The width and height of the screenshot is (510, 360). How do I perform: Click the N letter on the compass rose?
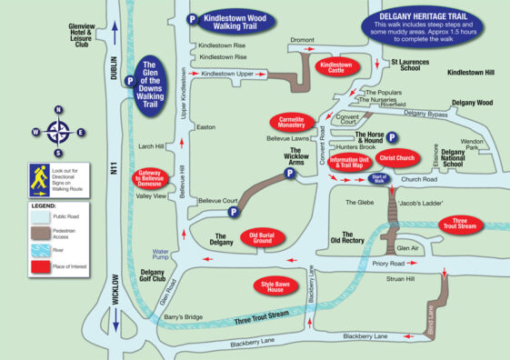(x=57, y=110)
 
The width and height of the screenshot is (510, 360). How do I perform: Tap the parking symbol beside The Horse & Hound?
(x=392, y=137)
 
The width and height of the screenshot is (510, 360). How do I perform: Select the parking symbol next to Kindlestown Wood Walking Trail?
(x=192, y=18)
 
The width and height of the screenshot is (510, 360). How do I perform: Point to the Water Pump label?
(x=161, y=254)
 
